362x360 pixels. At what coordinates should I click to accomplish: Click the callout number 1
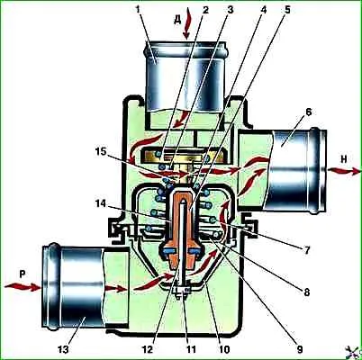[138, 9]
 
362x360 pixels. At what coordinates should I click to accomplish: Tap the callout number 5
[286, 9]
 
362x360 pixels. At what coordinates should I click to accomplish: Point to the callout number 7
[306, 250]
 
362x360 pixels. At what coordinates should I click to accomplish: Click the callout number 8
[306, 292]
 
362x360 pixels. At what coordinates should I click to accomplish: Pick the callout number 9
[299, 348]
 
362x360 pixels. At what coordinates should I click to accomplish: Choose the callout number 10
[224, 349]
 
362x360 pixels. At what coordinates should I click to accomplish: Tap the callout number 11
[190, 349]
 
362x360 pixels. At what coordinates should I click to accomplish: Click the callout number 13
[63, 349]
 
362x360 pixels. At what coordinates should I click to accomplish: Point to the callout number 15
[100, 151]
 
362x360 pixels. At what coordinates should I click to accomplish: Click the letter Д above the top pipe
[177, 21]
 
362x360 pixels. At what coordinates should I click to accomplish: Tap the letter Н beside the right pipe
[343, 159]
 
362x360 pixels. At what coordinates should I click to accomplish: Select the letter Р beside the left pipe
[21, 274]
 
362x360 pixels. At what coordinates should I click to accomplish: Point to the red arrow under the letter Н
[344, 171]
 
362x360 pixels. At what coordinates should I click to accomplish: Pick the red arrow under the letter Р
[23, 287]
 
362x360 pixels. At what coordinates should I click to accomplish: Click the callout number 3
[230, 9]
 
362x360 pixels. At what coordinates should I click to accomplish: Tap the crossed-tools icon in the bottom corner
[353, 351]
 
